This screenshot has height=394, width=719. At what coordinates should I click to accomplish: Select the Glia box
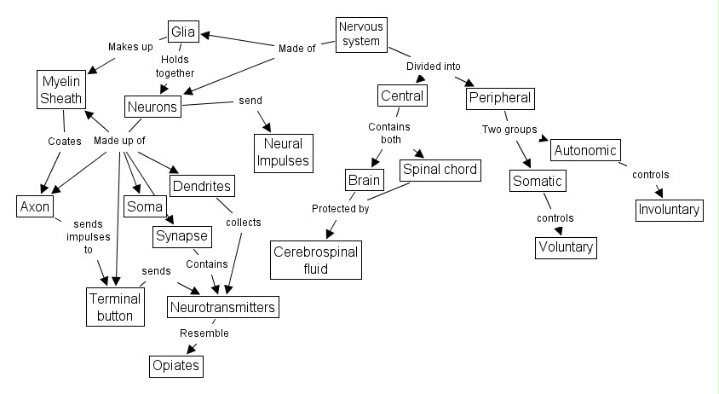183,33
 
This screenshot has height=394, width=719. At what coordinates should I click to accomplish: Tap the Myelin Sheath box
60,90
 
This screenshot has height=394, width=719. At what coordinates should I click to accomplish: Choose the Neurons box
153,107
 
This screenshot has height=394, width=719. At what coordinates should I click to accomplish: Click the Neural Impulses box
282,152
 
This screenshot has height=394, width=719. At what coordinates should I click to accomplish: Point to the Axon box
36,206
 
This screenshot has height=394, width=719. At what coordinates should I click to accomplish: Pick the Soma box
143,206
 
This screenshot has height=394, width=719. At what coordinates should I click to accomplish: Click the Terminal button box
115,307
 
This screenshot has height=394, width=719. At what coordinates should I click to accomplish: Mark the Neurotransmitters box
223,305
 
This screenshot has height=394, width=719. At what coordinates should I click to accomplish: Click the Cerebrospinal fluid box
315,259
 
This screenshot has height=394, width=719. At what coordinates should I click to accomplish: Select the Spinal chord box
440,170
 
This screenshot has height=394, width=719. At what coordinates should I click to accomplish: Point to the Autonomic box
585,151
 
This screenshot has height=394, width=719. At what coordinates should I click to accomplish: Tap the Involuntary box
669,209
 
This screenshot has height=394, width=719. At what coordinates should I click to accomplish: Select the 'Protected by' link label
340,208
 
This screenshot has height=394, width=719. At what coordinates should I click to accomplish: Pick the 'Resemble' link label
204,333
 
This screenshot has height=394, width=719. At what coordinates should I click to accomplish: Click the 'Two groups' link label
510,130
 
